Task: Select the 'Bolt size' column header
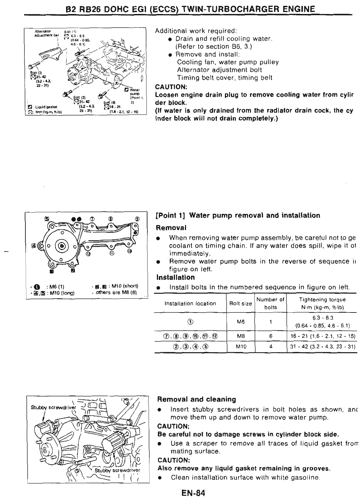241,303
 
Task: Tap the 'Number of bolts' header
270,303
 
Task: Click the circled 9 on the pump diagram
137,219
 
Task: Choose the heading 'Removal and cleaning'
197,399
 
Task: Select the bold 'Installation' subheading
175,277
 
